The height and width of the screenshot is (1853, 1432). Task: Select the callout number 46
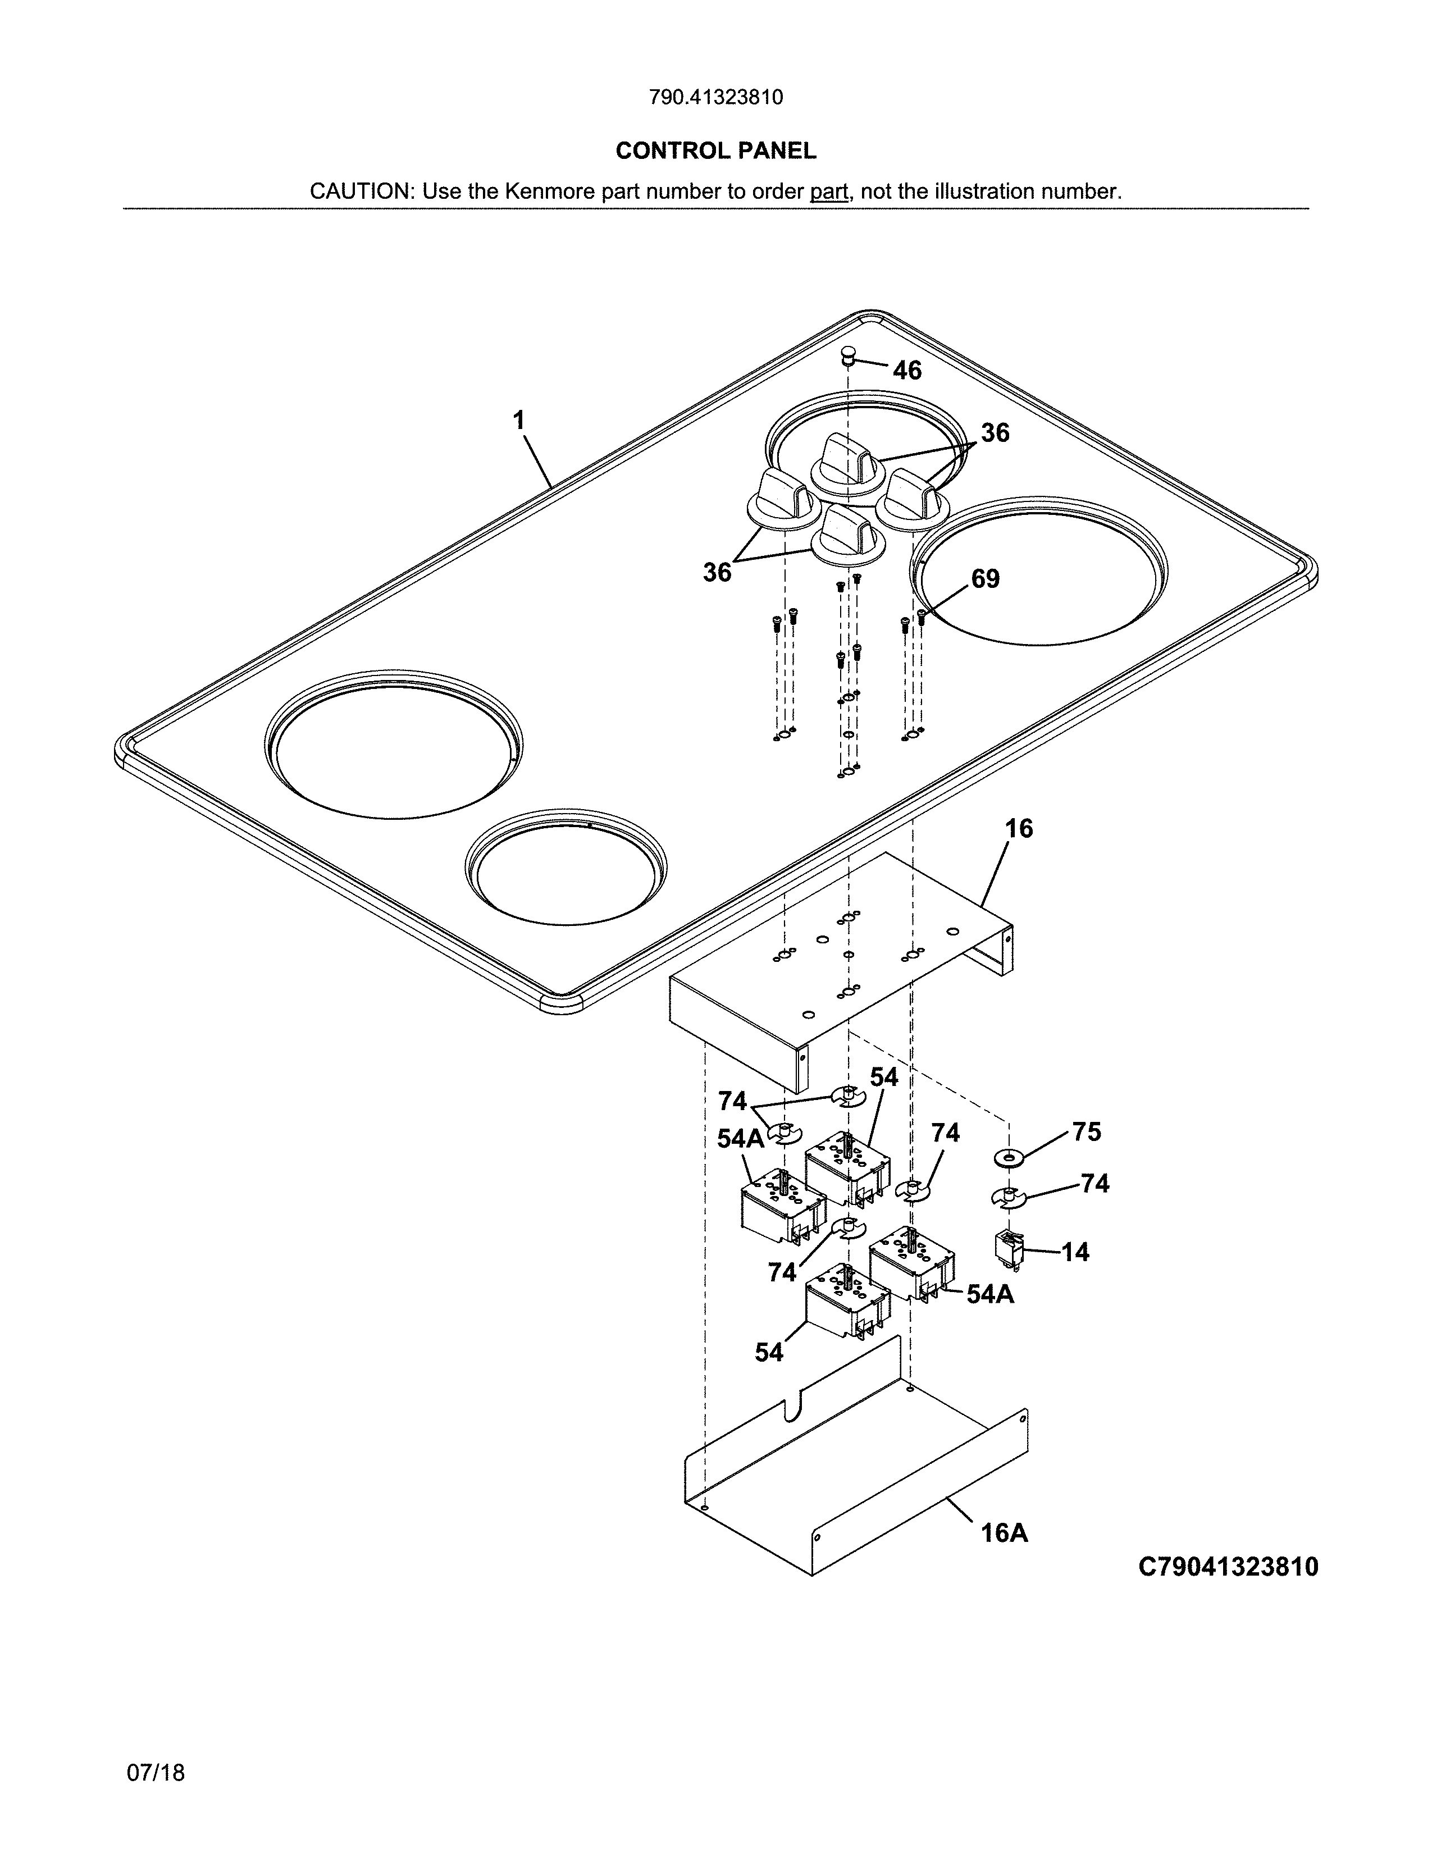(x=907, y=370)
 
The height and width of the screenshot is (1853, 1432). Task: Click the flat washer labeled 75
(x=1008, y=1157)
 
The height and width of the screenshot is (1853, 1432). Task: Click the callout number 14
(x=1075, y=1252)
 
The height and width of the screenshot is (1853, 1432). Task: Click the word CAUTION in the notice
(x=361, y=191)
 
